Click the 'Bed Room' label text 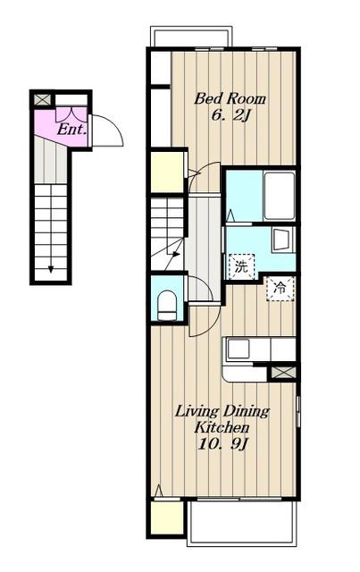click(230, 99)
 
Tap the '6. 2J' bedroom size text click(230, 115)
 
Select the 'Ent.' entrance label click(72, 130)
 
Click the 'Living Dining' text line click(222, 411)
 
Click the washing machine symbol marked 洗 click(240, 267)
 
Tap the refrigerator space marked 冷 click(280, 289)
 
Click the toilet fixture click(167, 306)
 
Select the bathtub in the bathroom click(280, 196)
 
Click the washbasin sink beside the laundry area click(282, 240)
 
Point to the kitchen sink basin click(238, 349)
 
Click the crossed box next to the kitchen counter click(283, 373)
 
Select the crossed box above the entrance click(43, 99)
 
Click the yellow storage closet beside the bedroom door click(167, 172)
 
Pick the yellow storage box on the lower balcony click(167, 518)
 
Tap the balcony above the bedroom click(191, 37)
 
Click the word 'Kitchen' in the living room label click(222, 427)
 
